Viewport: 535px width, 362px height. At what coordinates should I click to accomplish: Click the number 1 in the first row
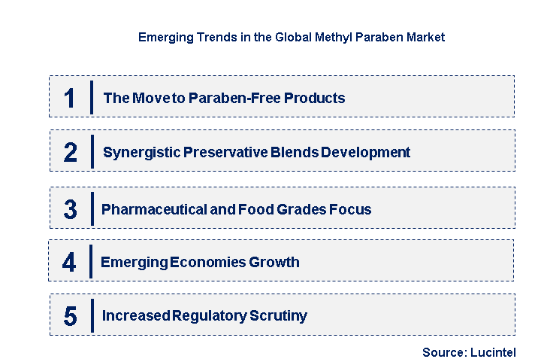[x=70, y=99]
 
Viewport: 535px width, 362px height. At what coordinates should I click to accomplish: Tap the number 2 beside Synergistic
[x=71, y=153]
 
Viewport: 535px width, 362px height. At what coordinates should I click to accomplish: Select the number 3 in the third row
[x=70, y=210]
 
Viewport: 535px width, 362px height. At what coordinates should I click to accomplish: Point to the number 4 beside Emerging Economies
[x=69, y=263]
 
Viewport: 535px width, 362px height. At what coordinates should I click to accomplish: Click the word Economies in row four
[x=209, y=262]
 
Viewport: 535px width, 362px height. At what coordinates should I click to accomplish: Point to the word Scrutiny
[x=280, y=316]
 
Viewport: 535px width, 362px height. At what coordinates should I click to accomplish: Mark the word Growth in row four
[x=276, y=262]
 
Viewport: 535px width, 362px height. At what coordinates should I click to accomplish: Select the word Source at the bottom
[x=443, y=352]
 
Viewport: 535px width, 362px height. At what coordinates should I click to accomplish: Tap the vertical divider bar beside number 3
[x=91, y=208]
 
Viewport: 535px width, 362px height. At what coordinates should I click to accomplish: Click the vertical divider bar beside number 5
[x=91, y=315]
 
